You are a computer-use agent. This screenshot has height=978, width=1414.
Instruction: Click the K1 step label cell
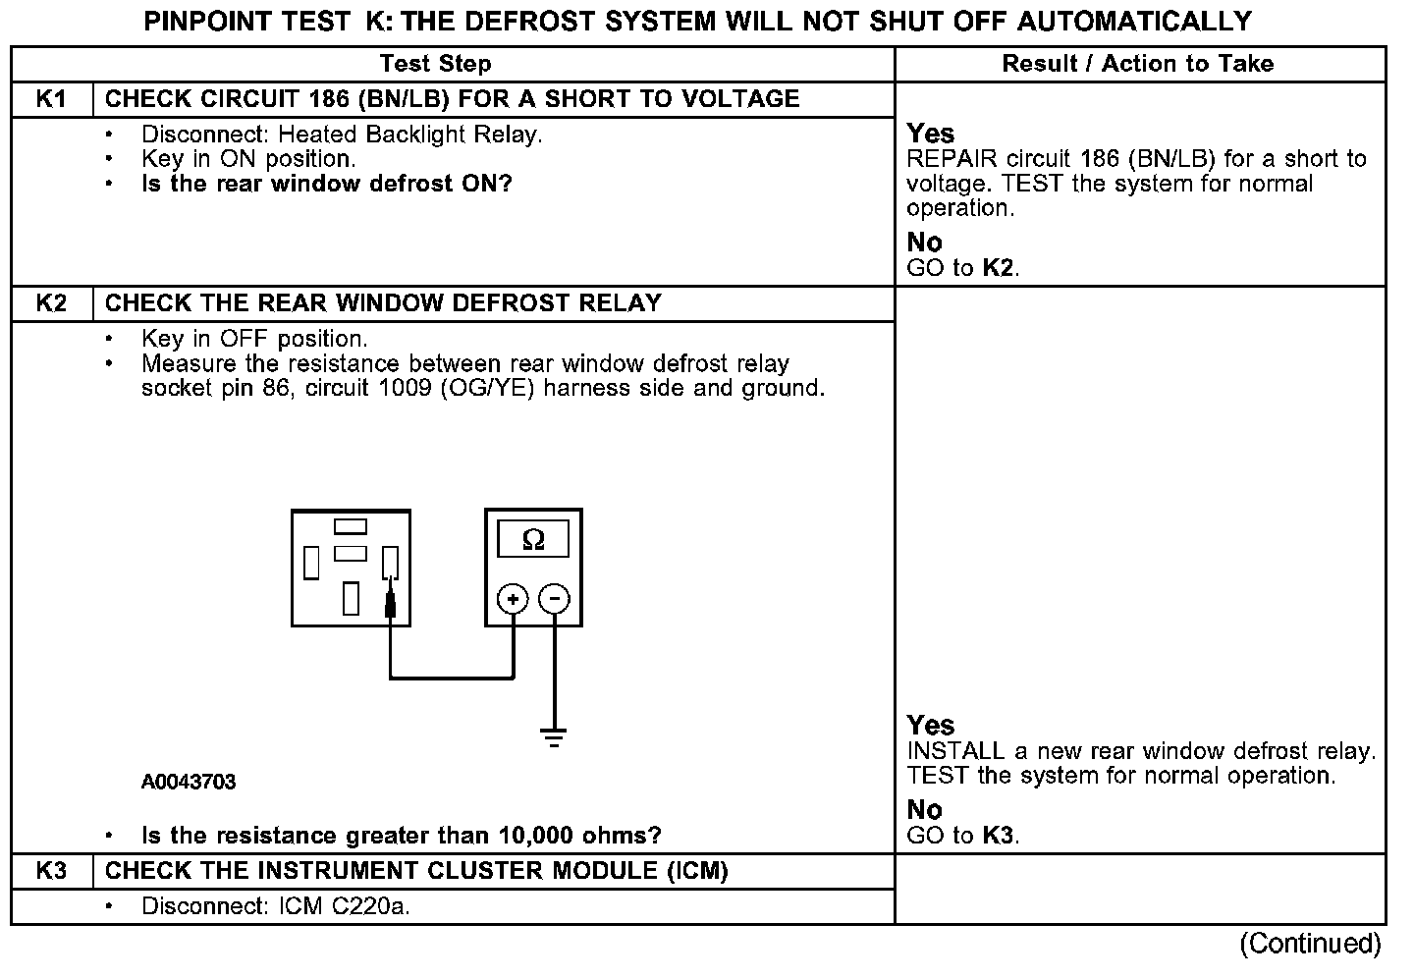(51, 99)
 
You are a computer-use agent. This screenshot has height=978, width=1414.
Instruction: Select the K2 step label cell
(51, 303)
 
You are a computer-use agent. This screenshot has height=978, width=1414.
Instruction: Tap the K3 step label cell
(51, 871)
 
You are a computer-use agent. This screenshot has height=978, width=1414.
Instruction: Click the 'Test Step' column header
(435, 64)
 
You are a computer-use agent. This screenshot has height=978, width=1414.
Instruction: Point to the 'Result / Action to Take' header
(1137, 64)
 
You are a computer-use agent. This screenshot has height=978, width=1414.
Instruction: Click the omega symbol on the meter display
(533, 540)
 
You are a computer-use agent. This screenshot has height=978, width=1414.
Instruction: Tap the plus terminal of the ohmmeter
(513, 599)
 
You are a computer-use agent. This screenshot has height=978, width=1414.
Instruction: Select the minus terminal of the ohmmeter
(555, 599)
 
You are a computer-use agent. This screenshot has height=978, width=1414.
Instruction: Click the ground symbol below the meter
(555, 737)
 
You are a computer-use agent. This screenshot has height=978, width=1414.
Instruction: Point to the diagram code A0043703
(189, 783)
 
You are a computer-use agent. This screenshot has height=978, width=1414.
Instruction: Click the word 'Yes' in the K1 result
(930, 134)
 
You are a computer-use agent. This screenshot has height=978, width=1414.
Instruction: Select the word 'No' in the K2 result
(924, 810)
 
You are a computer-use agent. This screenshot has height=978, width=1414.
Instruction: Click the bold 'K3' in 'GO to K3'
(998, 836)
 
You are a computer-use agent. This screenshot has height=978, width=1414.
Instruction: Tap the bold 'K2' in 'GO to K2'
(998, 268)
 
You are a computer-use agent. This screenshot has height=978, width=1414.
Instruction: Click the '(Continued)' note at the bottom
(1310, 945)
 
